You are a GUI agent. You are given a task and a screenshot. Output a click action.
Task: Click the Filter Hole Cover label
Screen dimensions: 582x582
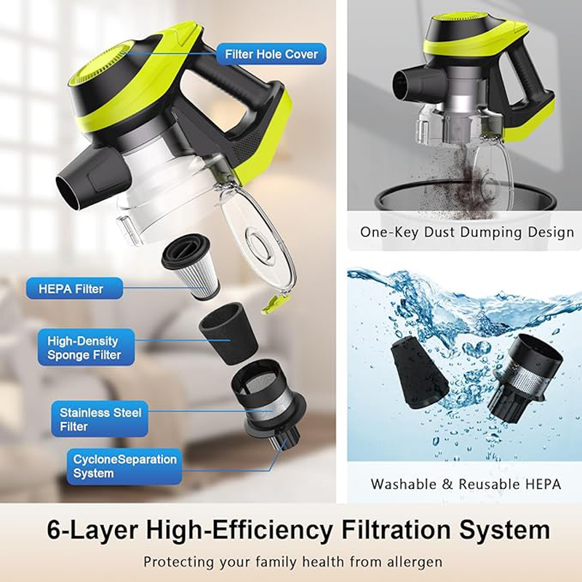tap(271, 54)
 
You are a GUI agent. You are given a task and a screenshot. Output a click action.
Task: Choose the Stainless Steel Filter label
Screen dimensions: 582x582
tap(100, 419)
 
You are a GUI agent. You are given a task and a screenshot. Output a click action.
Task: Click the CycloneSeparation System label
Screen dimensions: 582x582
tap(124, 466)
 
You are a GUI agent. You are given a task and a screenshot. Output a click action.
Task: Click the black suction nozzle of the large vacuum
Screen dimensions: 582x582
tap(79, 183)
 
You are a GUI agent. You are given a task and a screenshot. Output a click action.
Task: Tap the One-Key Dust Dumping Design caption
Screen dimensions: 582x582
tap(467, 233)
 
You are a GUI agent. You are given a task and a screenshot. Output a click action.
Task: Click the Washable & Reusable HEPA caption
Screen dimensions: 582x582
tap(466, 483)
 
